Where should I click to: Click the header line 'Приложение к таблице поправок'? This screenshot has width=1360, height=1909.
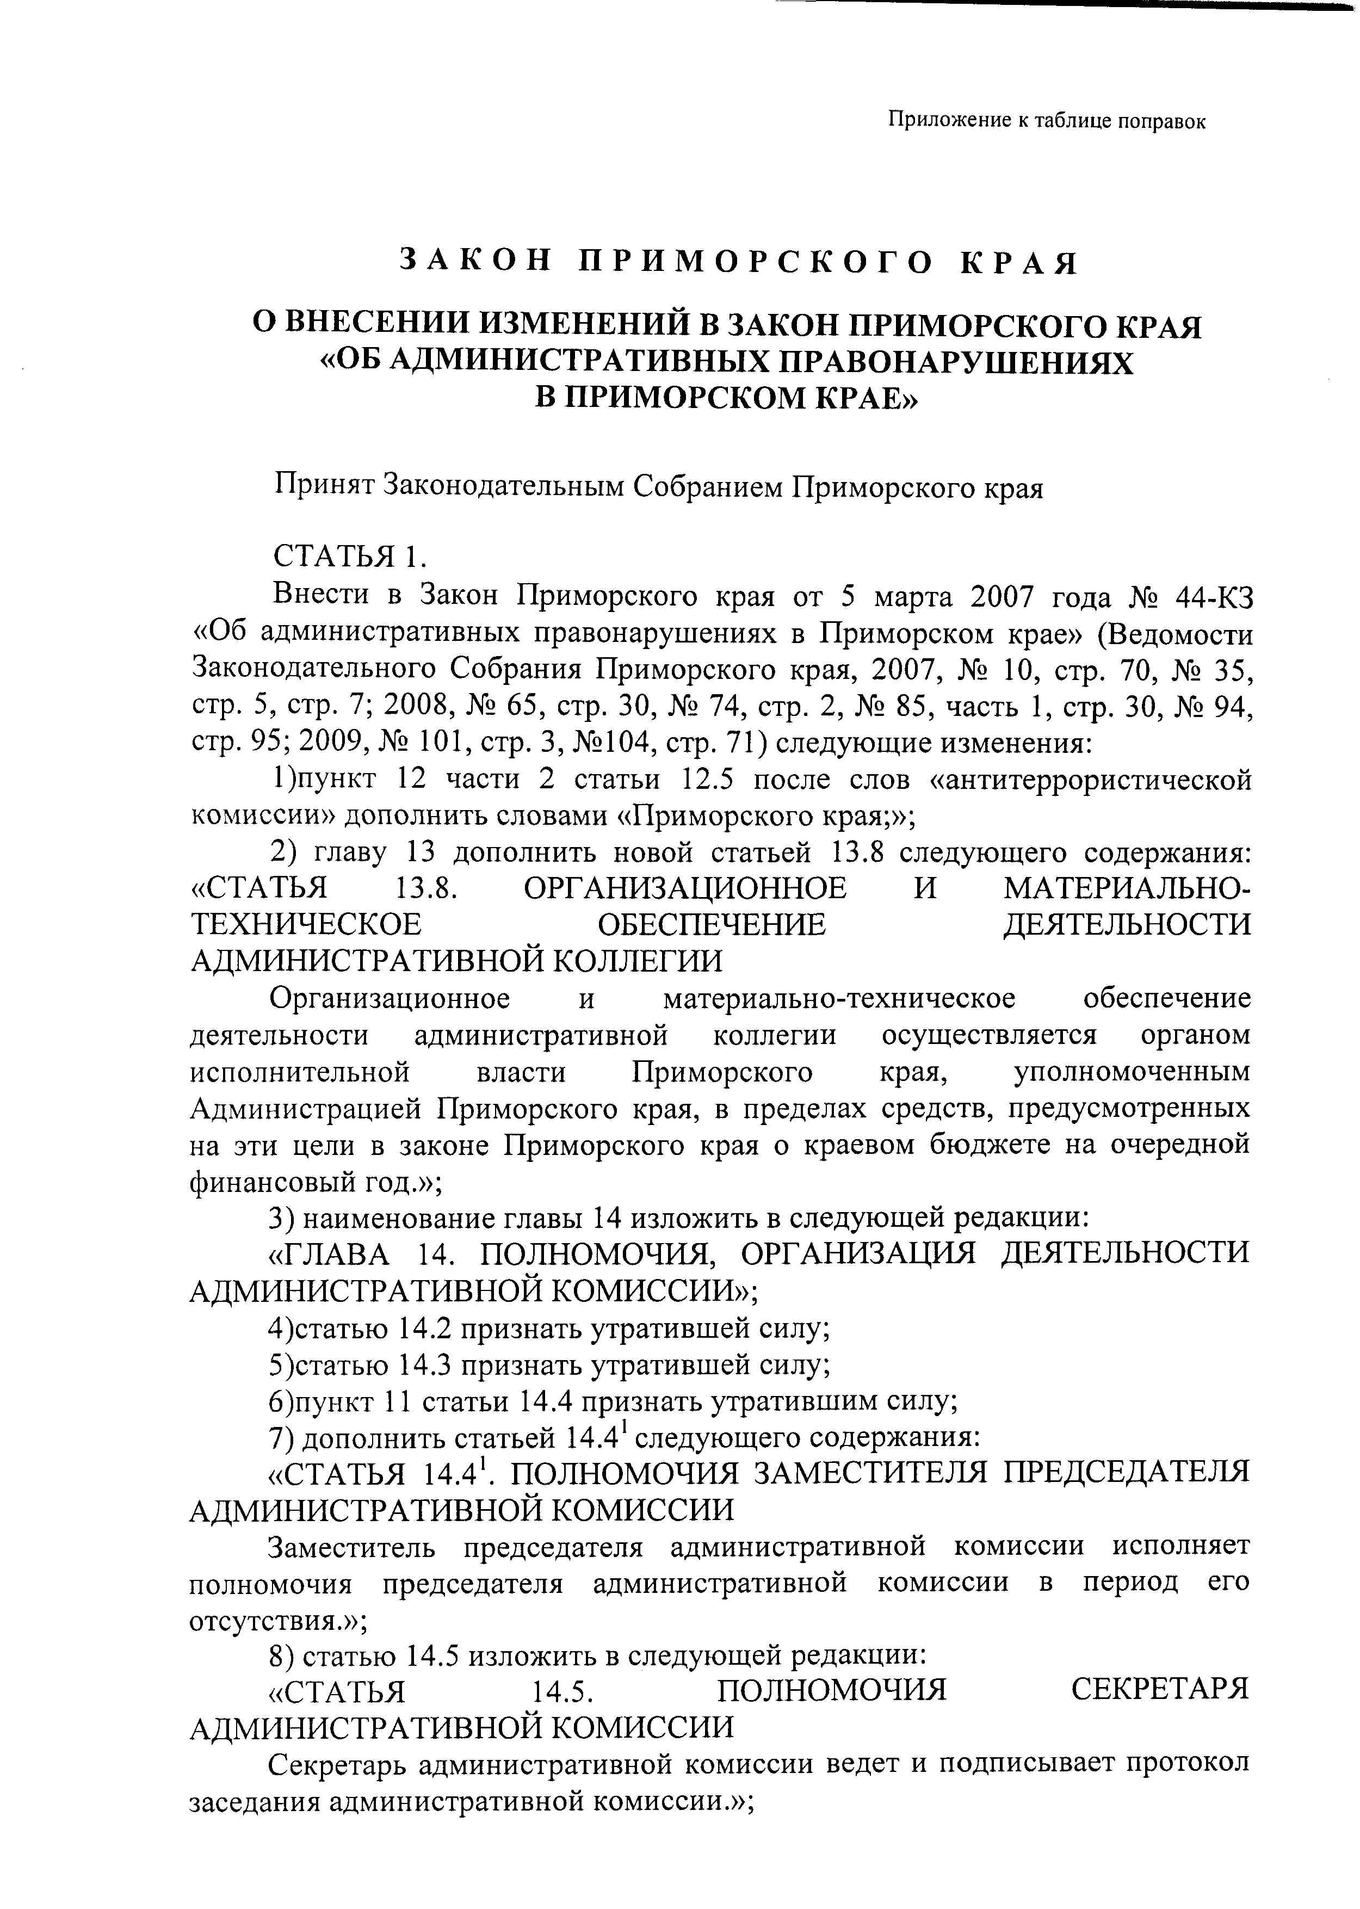[x=1046, y=121]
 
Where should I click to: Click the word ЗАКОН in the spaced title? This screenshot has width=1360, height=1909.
[x=475, y=262]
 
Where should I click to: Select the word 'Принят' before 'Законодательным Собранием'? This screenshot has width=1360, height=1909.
[x=324, y=486]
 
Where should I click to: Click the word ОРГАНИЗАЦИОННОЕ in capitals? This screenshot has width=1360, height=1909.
[x=685, y=888]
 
